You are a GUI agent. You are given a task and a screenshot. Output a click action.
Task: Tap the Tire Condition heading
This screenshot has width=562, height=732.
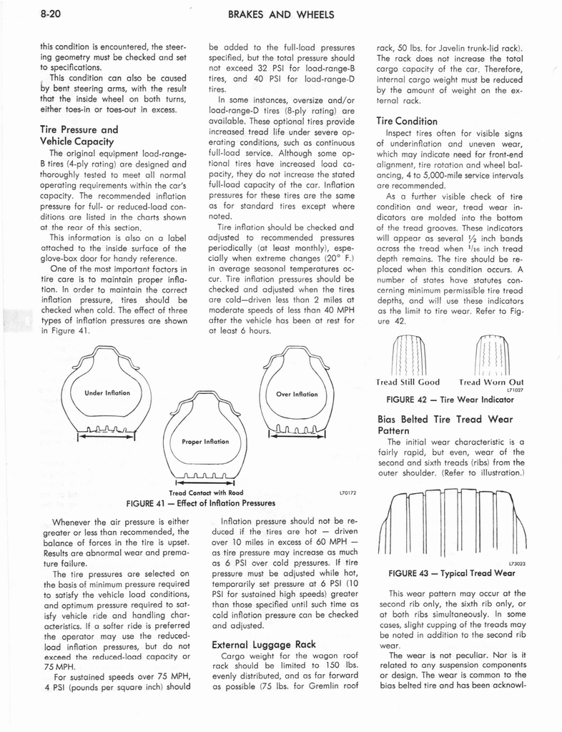(x=407, y=121)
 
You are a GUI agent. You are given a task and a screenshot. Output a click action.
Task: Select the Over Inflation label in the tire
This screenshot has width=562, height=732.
(x=297, y=394)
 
